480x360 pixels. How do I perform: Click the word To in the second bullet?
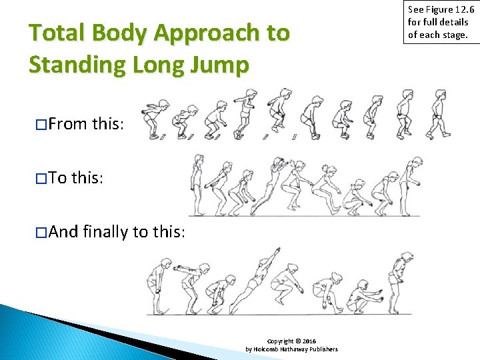pyautogui.click(x=59, y=178)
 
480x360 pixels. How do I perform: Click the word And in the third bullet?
pyautogui.click(x=64, y=232)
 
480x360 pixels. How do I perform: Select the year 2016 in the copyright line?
pyautogui.click(x=310, y=341)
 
